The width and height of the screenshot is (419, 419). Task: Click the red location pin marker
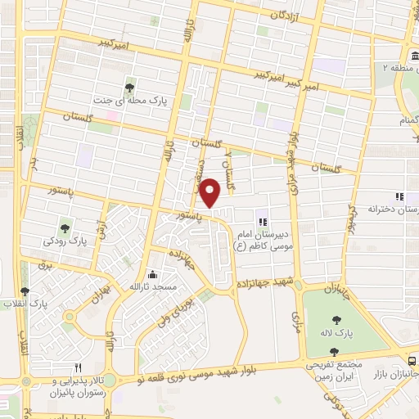click(x=210, y=193)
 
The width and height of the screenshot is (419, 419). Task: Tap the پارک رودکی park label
click(x=65, y=242)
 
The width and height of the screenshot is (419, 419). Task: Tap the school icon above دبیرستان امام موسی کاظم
click(x=262, y=222)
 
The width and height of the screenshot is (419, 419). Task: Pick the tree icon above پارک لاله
click(x=337, y=320)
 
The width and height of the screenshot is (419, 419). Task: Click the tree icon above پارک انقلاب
click(x=24, y=291)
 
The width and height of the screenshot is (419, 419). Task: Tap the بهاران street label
click(x=101, y=292)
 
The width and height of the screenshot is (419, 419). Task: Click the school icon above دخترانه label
click(x=399, y=196)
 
